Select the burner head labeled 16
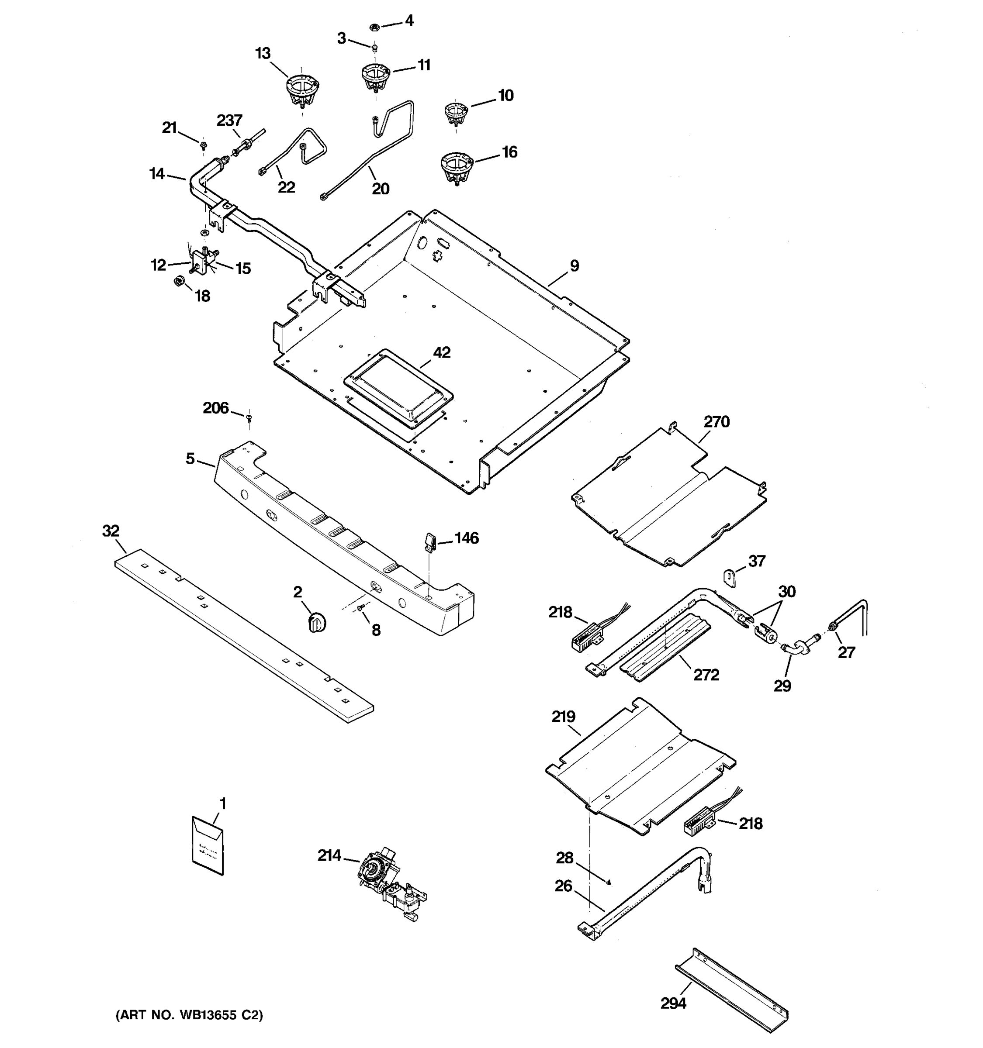(x=457, y=166)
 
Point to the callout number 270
(x=716, y=422)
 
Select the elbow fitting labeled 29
(x=794, y=646)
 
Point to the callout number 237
(x=229, y=120)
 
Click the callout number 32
(x=111, y=531)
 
